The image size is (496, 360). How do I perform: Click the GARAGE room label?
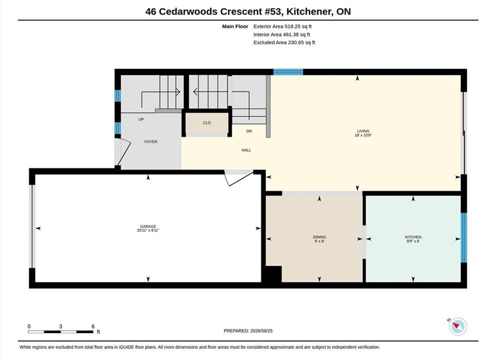148,226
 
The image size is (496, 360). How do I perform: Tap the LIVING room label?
363,131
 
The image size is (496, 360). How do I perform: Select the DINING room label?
320,237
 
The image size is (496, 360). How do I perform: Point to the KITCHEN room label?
413,237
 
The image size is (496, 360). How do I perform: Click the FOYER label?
151,142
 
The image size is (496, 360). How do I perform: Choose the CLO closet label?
207,123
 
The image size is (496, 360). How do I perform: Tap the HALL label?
246,150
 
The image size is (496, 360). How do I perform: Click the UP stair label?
141,119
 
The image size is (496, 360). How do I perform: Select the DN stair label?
249,131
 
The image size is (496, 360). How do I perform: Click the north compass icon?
458,326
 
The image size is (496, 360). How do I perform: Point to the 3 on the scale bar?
60,326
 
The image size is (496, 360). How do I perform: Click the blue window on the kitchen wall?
464,238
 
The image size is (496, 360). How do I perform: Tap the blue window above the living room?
288,72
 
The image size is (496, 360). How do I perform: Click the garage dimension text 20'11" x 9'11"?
148,230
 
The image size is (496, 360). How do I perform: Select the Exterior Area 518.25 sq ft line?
283,26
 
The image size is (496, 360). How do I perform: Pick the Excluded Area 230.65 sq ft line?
284,42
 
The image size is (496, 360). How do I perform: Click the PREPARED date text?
248,331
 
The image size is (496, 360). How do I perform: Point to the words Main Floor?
235,26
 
